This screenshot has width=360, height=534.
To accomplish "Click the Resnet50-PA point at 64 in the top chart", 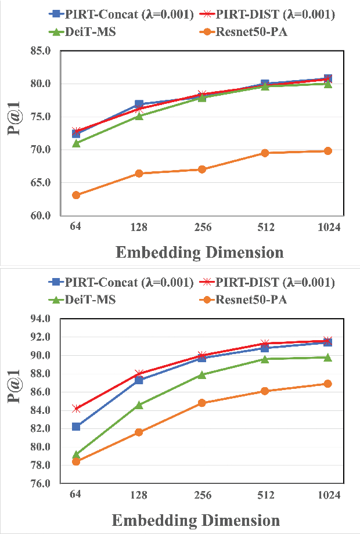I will (76, 195).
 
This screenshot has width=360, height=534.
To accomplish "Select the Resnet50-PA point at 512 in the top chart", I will (265, 153).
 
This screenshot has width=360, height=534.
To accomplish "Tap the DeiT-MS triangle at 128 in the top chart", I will (139, 116).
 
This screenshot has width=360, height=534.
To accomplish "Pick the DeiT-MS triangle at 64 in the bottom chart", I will (76, 454).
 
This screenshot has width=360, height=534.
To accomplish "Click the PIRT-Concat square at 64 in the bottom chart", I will (76, 427).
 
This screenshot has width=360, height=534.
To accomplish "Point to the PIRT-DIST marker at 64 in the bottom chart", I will (76, 409).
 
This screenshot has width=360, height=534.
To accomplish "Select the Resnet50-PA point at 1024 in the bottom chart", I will (327, 384).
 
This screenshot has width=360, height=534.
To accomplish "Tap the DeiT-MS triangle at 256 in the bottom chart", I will (202, 374).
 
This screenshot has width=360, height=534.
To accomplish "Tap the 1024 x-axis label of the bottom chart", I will (327, 495).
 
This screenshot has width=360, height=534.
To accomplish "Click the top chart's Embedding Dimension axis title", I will (200, 252).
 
